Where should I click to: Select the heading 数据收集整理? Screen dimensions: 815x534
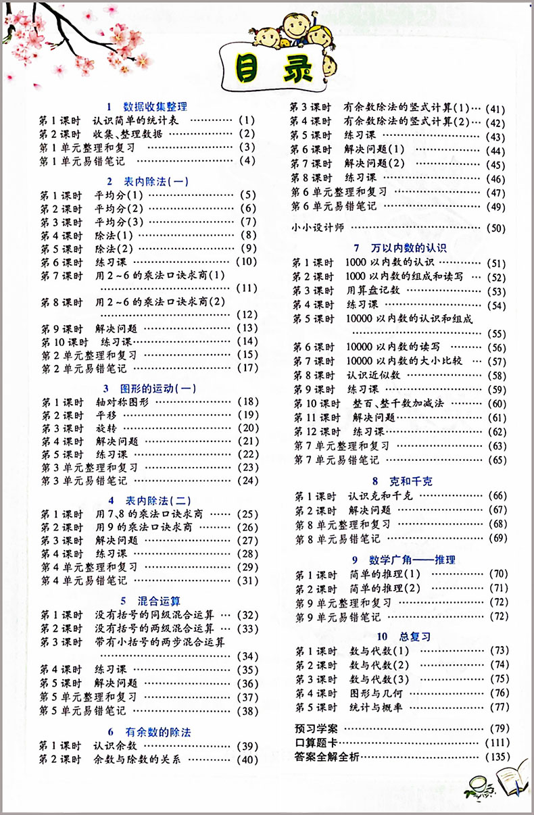point(155,106)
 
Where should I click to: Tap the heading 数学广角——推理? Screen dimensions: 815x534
point(412,560)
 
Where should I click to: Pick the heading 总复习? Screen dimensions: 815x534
point(413,636)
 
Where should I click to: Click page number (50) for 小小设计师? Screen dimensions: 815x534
point(496,228)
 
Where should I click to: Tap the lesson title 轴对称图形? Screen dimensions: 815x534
point(122,401)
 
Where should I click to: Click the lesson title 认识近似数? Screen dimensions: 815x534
point(373,375)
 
